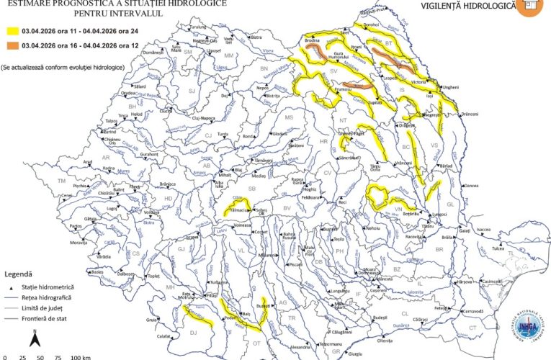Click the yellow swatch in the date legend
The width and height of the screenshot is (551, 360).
pos(12,31)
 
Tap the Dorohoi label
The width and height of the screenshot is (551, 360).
pos(371,25)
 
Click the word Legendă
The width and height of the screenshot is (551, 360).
pos(18,274)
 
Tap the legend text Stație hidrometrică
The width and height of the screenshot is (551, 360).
pos(48,286)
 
